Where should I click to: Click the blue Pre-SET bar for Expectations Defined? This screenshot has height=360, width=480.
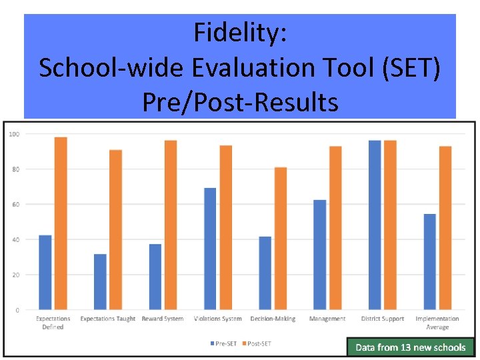point(45,272)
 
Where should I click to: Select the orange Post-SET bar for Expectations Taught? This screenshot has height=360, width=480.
point(116,229)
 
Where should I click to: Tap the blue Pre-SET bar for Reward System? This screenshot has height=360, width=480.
point(155,277)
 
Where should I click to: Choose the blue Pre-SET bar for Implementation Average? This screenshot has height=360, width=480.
point(429,261)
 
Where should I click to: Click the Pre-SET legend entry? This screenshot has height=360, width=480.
point(223,343)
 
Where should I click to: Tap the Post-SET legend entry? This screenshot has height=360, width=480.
point(256,343)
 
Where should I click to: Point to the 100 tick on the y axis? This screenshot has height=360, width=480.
point(13,134)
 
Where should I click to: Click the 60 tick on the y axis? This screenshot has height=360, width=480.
point(15,204)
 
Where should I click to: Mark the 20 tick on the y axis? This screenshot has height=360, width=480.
point(15,275)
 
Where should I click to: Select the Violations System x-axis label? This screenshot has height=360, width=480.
point(217,319)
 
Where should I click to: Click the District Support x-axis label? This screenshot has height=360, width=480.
point(383,319)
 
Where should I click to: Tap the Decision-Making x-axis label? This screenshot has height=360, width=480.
point(273,319)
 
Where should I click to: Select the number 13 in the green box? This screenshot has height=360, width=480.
point(406,347)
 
